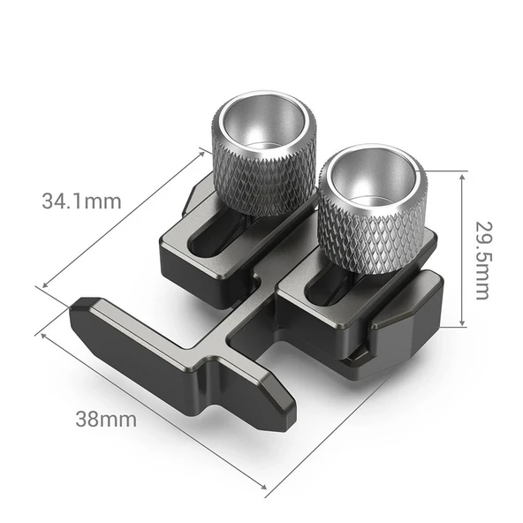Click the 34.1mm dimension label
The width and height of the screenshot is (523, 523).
81,201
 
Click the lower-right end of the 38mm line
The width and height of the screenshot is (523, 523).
266,487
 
